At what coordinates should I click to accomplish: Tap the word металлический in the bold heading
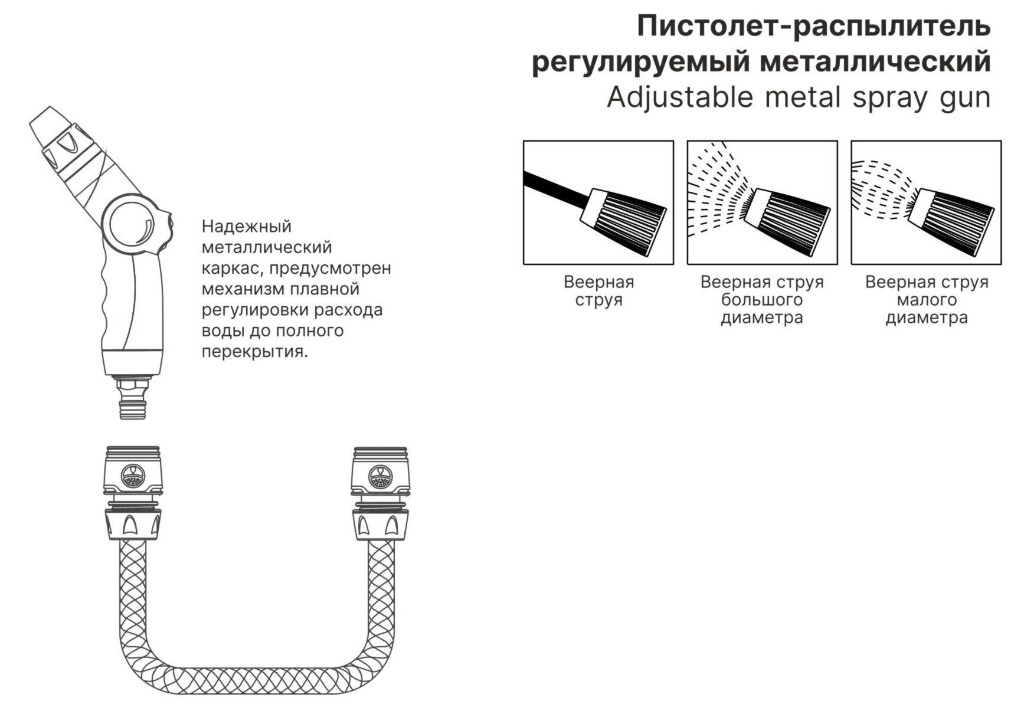click(x=876, y=62)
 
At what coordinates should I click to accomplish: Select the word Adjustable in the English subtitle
click(x=680, y=97)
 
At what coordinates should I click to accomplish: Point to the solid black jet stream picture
click(x=598, y=202)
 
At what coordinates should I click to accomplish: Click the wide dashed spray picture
click(x=763, y=202)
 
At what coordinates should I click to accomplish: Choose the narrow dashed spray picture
click(x=926, y=202)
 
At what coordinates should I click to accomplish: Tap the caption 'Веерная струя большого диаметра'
click(x=763, y=300)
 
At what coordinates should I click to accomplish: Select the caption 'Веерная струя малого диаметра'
click(x=927, y=300)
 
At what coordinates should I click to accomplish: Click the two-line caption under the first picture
click(x=599, y=291)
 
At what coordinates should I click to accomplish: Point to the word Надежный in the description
click(x=247, y=227)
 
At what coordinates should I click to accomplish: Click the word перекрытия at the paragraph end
click(x=254, y=352)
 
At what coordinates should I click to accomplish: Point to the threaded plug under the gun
click(x=133, y=397)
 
